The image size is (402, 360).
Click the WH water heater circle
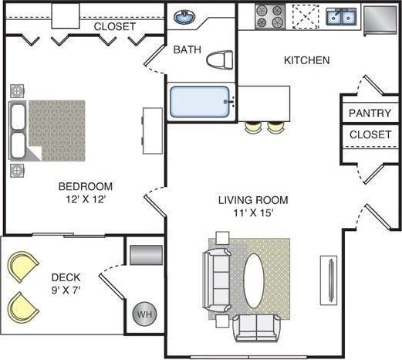(144, 314)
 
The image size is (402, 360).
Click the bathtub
(200, 102)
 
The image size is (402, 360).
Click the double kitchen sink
(340, 16)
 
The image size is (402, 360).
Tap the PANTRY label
(370, 113)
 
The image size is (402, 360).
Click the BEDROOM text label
(86, 186)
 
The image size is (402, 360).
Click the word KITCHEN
(306, 60)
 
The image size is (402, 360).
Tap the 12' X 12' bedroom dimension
(86, 199)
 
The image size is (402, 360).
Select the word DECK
(66, 277)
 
